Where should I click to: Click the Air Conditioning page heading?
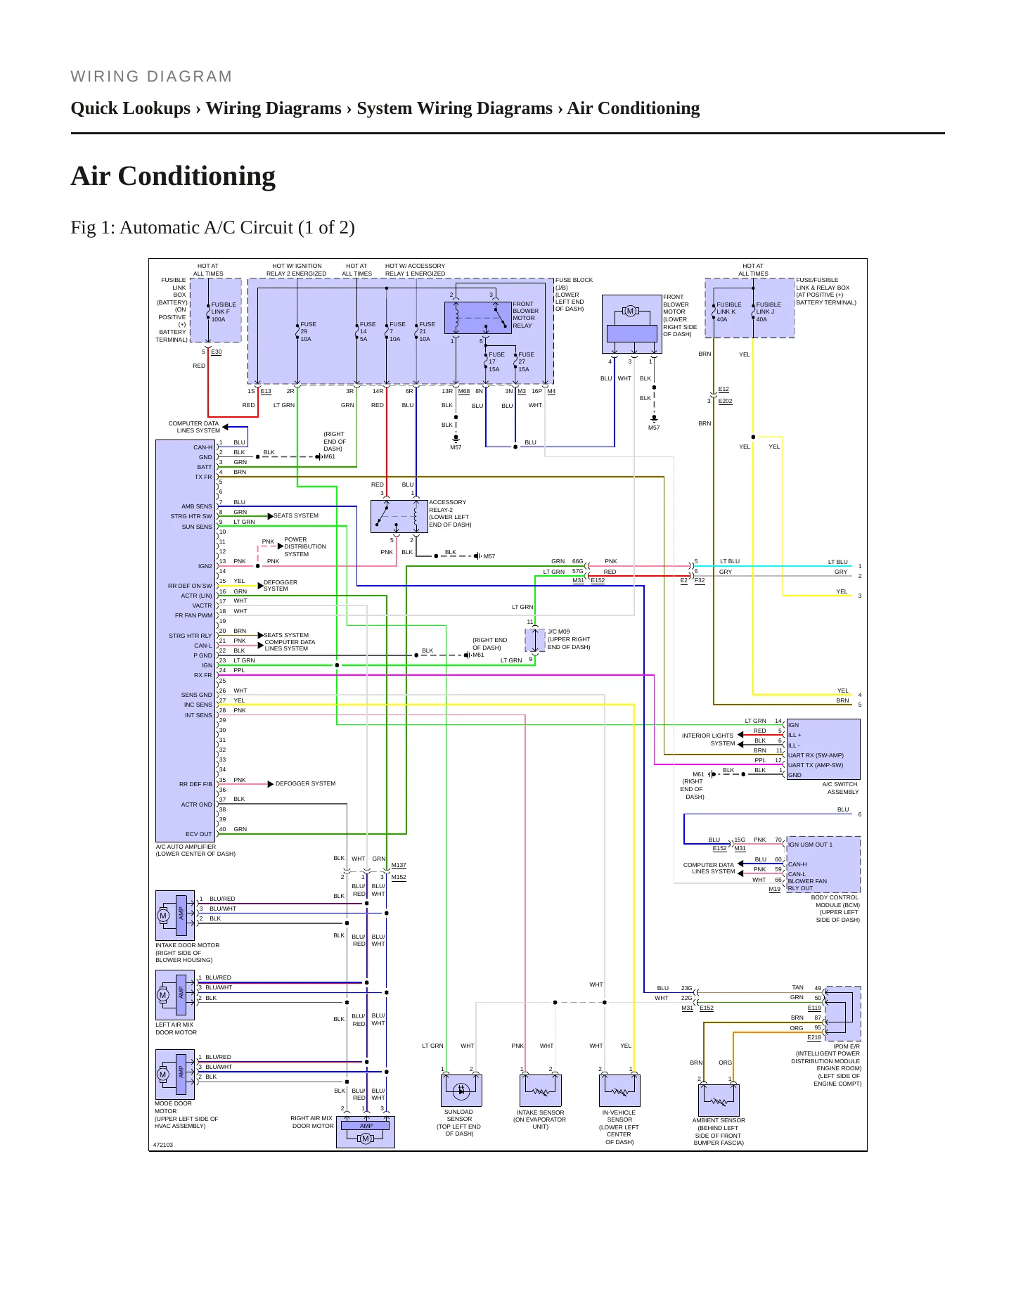[x=173, y=176]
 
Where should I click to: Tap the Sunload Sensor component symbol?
[x=461, y=1090]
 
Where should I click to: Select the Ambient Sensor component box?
[x=719, y=1100]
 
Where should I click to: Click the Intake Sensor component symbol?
[x=540, y=1090]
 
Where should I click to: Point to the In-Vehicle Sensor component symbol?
[x=619, y=1090]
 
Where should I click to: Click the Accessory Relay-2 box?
[x=399, y=516]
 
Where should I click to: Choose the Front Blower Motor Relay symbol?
[x=477, y=317]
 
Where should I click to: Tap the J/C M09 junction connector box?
[x=535, y=641]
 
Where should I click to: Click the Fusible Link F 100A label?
[x=224, y=312]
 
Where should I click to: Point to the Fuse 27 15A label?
[x=526, y=362]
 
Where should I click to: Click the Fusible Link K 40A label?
[x=728, y=312]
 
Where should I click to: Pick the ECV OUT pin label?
[x=198, y=834]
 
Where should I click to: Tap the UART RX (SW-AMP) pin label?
[x=816, y=755]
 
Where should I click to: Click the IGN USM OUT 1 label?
[x=810, y=845]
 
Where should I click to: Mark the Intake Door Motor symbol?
[x=175, y=916]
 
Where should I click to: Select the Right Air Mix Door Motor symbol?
[x=366, y=1132]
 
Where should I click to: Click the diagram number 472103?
[x=163, y=1145]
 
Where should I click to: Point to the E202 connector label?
[x=725, y=402]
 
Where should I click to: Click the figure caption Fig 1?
[x=212, y=228]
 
